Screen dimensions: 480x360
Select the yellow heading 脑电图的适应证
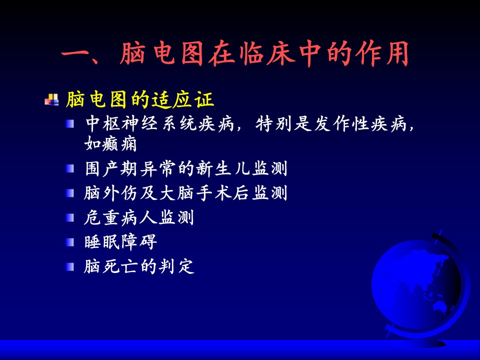pyautogui.click(x=139, y=99)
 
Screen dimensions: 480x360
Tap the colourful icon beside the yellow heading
pyautogui.click(x=51, y=99)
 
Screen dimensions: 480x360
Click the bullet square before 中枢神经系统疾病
pyautogui.click(x=70, y=123)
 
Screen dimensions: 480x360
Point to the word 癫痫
pyautogui.click(x=119, y=144)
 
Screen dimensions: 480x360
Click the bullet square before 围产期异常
pyautogui.click(x=70, y=168)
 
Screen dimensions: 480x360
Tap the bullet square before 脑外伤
pyautogui.click(x=70, y=193)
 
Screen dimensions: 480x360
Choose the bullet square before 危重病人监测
pyautogui.click(x=70, y=217)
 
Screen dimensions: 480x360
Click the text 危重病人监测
pyautogui.click(x=139, y=217)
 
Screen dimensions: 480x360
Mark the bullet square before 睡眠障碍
pyautogui.click(x=70, y=242)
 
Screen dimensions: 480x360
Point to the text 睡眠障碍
pyautogui.click(x=120, y=242)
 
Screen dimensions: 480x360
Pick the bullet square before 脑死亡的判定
pyautogui.click(x=70, y=266)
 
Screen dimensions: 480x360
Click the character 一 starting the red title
pyautogui.click(x=74, y=55)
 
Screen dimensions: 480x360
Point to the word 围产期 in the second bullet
pyautogui.click(x=111, y=168)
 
